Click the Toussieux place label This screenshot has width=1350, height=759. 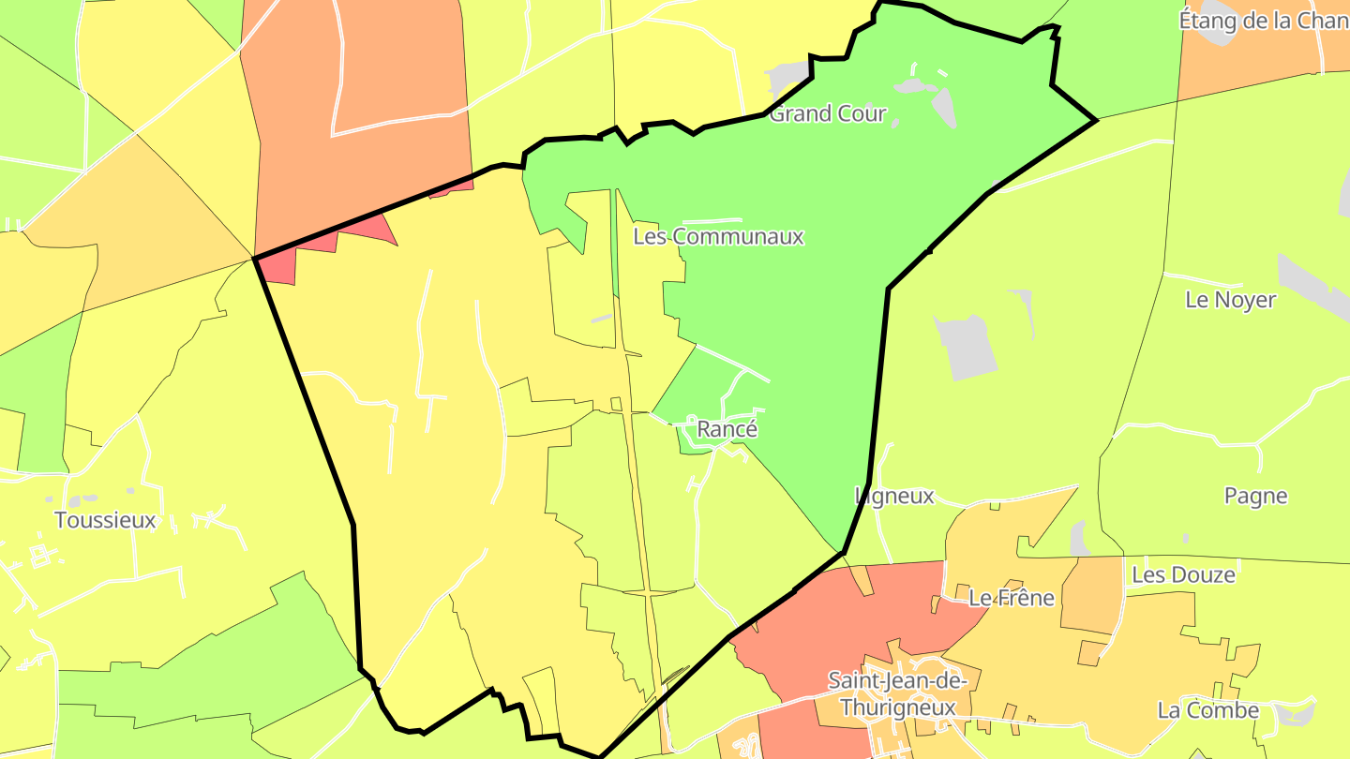(x=105, y=520)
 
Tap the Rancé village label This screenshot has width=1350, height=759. (x=727, y=429)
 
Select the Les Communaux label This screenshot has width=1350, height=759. (x=718, y=236)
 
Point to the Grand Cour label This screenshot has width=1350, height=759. (x=827, y=114)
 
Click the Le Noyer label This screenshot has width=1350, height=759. (x=1230, y=300)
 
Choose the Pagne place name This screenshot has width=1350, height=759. (x=1255, y=496)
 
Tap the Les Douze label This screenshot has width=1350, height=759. (x=1183, y=574)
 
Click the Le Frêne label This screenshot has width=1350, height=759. (x=1012, y=598)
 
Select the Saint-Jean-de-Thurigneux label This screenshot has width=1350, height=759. (x=897, y=694)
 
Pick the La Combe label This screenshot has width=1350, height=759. (x=1207, y=710)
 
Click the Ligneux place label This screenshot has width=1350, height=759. (x=894, y=496)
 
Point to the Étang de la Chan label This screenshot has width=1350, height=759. (x=1263, y=21)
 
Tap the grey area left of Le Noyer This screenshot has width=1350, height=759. (x=966, y=347)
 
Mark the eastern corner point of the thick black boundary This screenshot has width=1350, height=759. (x=1096, y=121)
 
